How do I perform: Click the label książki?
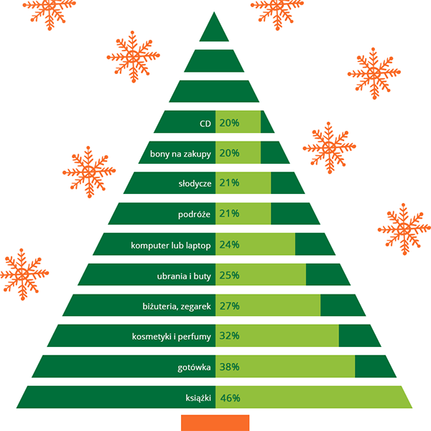coord(197,398)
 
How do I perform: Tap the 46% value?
coord(230,398)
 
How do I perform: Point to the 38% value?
coord(230,367)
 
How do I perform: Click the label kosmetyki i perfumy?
coord(172,336)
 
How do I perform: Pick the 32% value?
coord(230,336)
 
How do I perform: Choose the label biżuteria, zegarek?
coord(176,306)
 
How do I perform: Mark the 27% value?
coord(230,306)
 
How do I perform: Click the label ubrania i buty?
coord(183,275)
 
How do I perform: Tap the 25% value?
coord(230,275)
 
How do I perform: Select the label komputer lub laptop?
coord(171,245)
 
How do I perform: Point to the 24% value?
coord(230,245)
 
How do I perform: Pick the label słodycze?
coord(195,183)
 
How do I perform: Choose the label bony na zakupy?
coord(180,153)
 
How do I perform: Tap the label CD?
coord(205,123)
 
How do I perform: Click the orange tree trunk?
coord(215,422)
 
